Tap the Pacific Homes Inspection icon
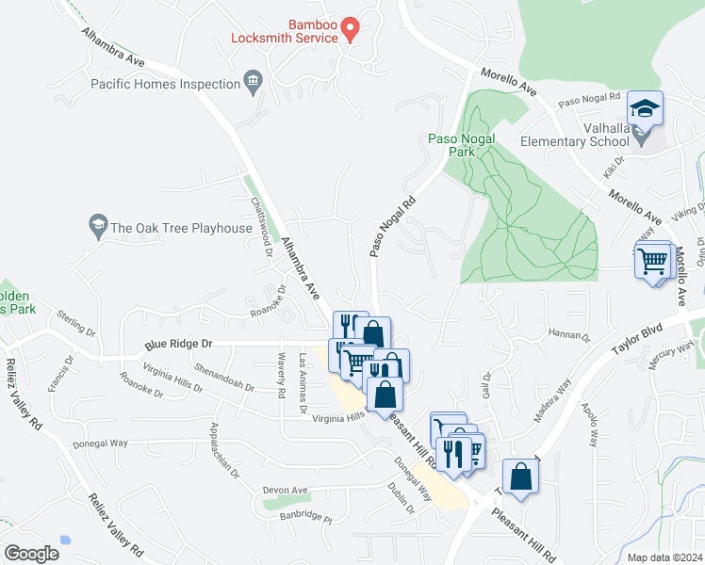click(253, 84)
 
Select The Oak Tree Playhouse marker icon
click(97, 226)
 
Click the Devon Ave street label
click(287, 491)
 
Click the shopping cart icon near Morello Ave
click(653, 261)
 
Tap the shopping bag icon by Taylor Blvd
click(520, 476)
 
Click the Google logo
click(31, 553)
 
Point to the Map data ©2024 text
click(664, 557)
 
